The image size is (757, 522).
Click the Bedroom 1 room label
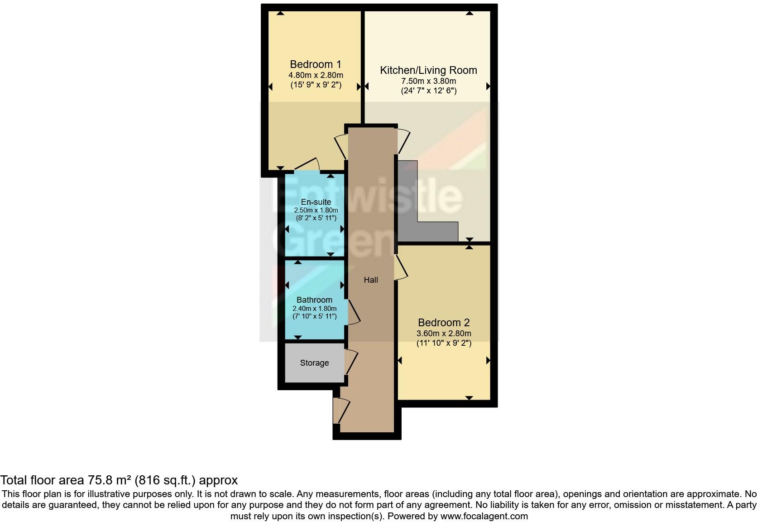315,64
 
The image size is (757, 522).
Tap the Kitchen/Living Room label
428,70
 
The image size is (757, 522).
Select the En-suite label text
316,202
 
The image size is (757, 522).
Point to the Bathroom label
314,300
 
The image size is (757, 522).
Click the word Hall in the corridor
371,280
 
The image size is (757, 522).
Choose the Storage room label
314,363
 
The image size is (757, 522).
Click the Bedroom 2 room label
444,323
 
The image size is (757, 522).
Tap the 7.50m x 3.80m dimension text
428,81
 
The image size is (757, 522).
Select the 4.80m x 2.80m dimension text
316,75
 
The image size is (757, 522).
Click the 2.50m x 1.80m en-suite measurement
316,210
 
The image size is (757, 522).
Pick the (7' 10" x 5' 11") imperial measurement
314,316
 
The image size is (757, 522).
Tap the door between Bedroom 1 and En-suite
308,165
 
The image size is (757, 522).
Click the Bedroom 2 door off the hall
401,267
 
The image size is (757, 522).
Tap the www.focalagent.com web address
484,516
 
